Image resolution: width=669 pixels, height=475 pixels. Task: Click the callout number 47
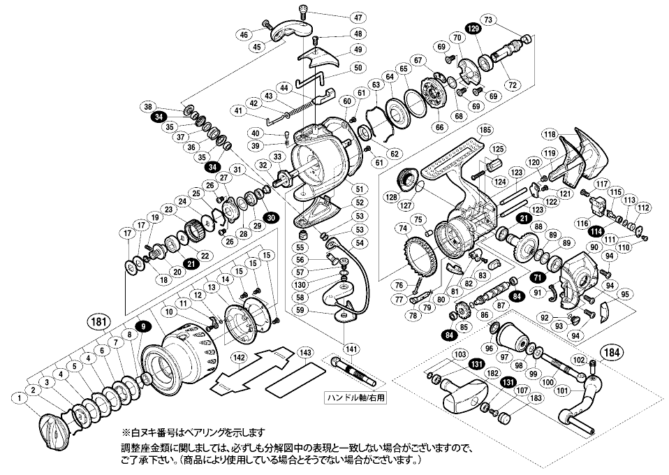358,17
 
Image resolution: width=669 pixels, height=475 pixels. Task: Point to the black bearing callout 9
141,327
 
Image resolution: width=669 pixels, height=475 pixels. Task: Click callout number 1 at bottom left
22,397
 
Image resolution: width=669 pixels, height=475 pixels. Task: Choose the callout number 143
303,353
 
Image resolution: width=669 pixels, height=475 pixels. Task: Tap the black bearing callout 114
596,232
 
